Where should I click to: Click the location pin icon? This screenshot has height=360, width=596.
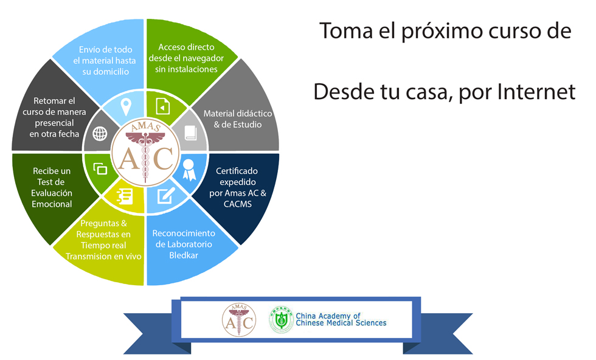[126, 107]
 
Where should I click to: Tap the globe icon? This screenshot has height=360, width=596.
[100, 134]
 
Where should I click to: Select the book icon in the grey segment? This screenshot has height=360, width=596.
[190, 133]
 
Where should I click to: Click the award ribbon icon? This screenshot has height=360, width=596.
[189, 170]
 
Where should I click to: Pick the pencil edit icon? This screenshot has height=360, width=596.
[166, 195]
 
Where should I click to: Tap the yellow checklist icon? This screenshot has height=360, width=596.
[125, 196]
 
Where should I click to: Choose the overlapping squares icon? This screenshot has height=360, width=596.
[100, 169]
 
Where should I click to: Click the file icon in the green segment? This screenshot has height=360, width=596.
[163, 107]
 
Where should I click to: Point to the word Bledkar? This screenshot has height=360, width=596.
[184, 255]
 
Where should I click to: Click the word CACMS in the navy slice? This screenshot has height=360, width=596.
[238, 204]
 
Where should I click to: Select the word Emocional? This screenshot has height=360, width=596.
[52, 204]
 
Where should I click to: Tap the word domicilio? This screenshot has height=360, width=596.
[106, 72]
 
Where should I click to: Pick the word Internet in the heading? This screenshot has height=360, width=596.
[536, 92]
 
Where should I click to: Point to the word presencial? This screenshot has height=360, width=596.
[54, 123]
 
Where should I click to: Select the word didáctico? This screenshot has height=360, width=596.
[254, 113]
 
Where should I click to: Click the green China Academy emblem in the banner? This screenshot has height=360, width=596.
[281, 320]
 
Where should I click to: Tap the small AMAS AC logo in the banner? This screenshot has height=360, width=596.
[239, 320]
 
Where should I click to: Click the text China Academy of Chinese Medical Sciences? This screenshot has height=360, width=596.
[341, 319]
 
